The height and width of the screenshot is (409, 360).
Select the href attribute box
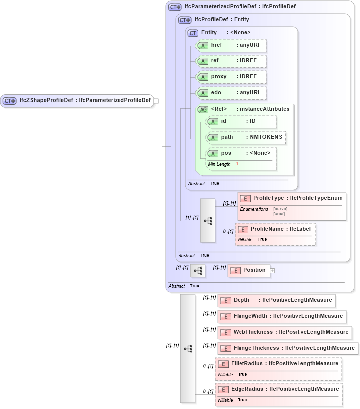pos(232,45)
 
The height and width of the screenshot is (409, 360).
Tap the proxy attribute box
pos(232,77)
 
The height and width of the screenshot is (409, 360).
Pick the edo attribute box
pos(232,93)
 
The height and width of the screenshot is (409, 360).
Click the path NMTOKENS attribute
pos(246,137)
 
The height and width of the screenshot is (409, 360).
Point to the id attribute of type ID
pos(241,121)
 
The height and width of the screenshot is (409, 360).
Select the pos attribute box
pos(241,153)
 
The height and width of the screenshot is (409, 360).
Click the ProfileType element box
pos(292,198)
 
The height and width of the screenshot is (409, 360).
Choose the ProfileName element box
pos(275,229)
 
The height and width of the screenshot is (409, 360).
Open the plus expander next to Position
pos(272,270)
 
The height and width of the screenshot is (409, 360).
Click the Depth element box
pos(276,300)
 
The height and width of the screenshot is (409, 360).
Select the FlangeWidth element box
pos(281,316)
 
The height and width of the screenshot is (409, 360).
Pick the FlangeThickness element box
pos(288,348)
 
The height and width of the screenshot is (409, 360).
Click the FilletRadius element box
pos(278,364)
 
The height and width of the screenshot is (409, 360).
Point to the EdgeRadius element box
pos(278,389)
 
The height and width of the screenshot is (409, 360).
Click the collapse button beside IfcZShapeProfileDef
pos(156,101)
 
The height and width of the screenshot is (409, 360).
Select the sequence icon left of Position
pos(197,270)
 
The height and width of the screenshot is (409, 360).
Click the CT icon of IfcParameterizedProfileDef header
pos(175,7)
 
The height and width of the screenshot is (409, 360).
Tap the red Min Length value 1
pos(237,164)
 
